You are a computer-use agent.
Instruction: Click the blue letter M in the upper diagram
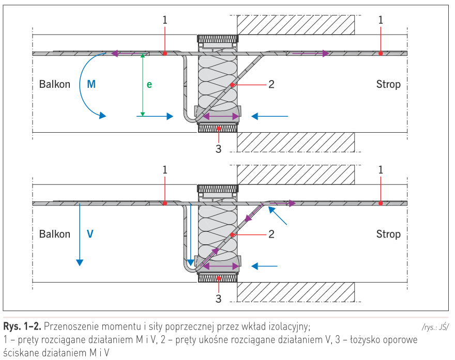pyautogui.click(x=92, y=84)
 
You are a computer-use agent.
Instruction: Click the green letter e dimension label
pyautogui.click(x=149, y=84)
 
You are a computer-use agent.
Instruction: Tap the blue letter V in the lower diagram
pyautogui.click(x=90, y=234)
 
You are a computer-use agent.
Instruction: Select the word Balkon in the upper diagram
pyautogui.click(x=55, y=84)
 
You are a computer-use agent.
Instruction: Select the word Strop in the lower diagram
pyautogui.click(x=388, y=234)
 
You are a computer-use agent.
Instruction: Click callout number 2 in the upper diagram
pyautogui.click(x=271, y=84)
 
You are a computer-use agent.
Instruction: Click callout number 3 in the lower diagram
pyautogui.click(x=219, y=299)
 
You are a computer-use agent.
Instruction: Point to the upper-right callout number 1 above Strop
pyautogui.click(x=381, y=20)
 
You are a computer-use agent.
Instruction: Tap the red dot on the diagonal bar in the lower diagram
pyautogui.click(x=232, y=234)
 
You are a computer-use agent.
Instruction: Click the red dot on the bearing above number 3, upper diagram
pyautogui.click(x=219, y=128)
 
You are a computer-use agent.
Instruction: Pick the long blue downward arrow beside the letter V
pyautogui.click(x=80, y=234)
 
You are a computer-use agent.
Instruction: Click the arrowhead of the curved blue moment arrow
pyautogui.click(x=102, y=116)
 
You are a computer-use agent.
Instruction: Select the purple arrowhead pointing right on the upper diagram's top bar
pyautogui.click(x=326, y=53)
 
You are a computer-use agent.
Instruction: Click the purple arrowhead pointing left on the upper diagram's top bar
pyautogui.click(x=115, y=53)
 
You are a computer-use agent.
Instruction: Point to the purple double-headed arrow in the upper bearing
pyautogui.click(x=221, y=117)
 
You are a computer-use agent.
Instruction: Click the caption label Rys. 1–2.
pyautogui.click(x=22, y=326)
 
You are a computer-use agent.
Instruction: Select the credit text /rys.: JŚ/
pyautogui.click(x=435, y=327)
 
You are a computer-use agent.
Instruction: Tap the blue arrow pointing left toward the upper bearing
pyautogui.click(x=269, y=116)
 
